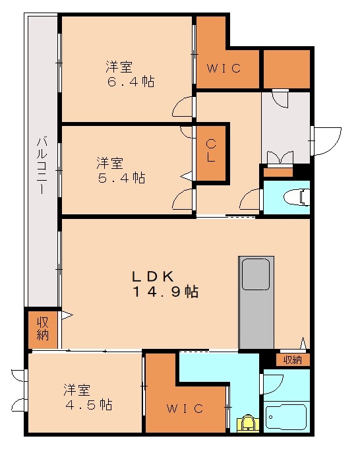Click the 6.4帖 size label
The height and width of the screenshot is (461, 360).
coord(131,82)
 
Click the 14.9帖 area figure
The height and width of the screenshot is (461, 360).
coord(165,292)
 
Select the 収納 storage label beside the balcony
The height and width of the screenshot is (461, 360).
coord(43,328)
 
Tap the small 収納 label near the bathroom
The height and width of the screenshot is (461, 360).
coord(292,359)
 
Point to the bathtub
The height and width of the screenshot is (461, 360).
coord(285,416)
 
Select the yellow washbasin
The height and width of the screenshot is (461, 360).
coord(247,423)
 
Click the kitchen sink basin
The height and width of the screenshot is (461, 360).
coord(255,274)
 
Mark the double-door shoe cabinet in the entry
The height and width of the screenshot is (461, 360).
coord(278,159)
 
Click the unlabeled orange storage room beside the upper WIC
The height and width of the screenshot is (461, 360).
coord(286,69)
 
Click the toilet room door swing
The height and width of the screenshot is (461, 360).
coord(252,199)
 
